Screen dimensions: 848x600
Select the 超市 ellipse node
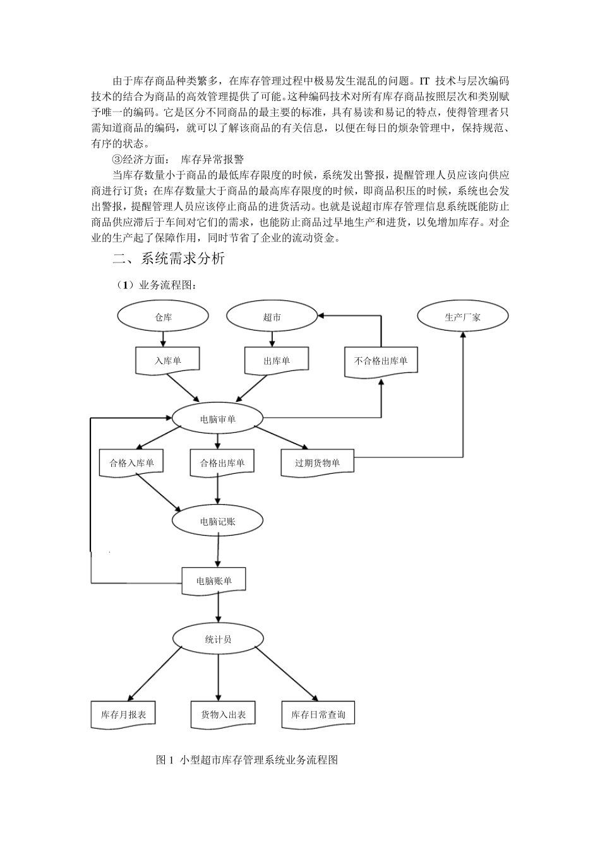(x=272, y=317)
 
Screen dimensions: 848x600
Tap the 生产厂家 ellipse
(x=462, y=317)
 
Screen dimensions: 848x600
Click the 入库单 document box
(x=167, y=360)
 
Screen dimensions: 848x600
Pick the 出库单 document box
(x=276, y=360)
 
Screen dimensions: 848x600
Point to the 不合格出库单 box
(x=381, y=361)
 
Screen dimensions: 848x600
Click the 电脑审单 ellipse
(x=217, y=418)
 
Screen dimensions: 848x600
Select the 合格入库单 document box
(x=131, y=462)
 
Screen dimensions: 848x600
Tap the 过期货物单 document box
(x=317, y=462)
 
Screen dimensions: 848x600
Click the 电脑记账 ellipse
(x=217, y=521)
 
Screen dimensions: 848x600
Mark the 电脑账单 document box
(x=213, y=580)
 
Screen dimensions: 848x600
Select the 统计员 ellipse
(x=218, y=639)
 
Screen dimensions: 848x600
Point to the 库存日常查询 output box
(x=318, y=715)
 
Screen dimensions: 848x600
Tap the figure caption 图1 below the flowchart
(x=246, y=760)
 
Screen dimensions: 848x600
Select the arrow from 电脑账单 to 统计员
(x=218, y=608)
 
